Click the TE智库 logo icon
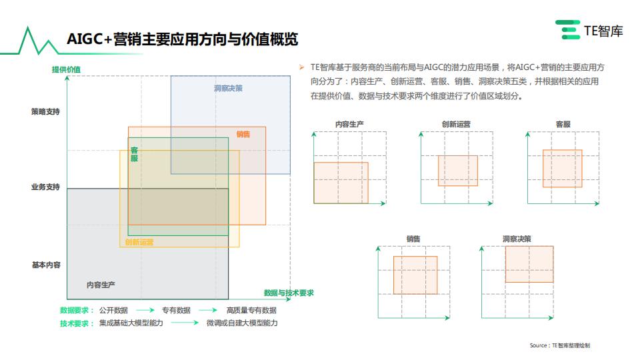tap(568, 30)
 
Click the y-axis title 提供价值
tap(66, 69)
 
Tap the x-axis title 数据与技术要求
tap(289, 293)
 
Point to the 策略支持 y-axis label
tap(45, 111)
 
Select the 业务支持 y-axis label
tap(45, 187)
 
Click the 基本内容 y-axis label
tap(46, 265)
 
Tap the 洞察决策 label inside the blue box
tap(228, 88)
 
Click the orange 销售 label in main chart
tap(243, 134)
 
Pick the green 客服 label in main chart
tap(134, 154)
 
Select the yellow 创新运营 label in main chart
tap(139, 242)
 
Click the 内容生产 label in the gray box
tap(101, 285)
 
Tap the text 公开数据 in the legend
tap(113, 310)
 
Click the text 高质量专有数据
tap(251, 310)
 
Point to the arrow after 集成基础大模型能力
tap(185, 323)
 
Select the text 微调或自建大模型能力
tap(242, 323)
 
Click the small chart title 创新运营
tap(456, 124)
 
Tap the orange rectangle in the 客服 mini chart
tap(563, 169)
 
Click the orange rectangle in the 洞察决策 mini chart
tap(529, 264)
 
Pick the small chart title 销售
tap(413, 239)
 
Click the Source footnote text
tap(559, 345)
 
